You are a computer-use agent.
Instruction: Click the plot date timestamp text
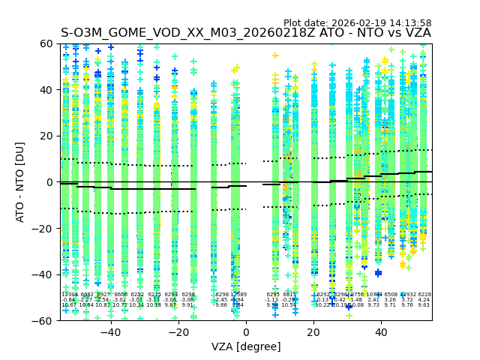click(357, 23)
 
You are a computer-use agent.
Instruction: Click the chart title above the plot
click(246, 33)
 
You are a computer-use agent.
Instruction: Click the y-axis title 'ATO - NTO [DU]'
click(21, 181)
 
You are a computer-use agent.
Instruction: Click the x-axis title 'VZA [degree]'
click(246, 346)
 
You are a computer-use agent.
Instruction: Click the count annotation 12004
click(69, 295)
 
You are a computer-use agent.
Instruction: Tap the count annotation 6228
click(424, 295)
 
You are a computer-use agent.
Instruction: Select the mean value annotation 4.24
click(424, 300)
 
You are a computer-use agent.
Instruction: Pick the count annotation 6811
click(289, 295)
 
